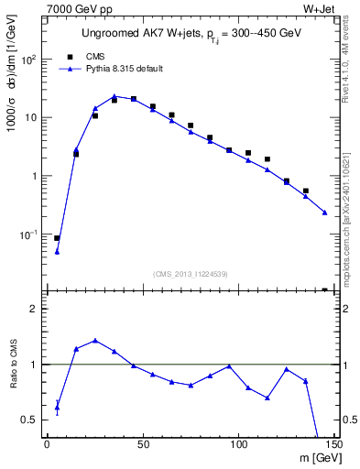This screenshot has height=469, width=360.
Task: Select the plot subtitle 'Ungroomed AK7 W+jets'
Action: point(121,35)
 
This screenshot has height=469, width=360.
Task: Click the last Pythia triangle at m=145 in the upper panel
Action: point(324,213)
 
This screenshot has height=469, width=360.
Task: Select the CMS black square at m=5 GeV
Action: point(57,238)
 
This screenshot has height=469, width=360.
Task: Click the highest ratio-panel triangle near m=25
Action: point(95,341)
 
